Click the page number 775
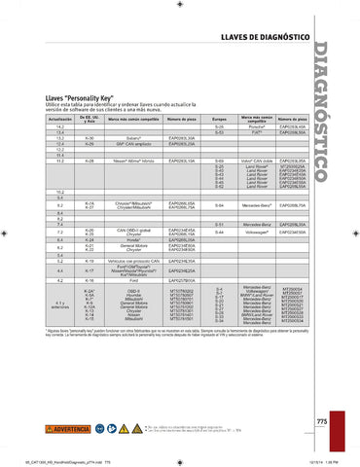[x=322, y=420]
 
